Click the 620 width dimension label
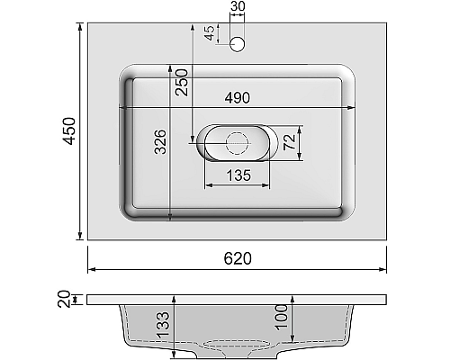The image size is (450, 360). (238, 258)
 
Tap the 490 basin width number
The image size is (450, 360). (238, 96)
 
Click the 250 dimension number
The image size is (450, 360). (181, 82)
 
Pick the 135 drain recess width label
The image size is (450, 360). (238, 175)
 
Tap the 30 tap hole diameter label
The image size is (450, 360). (238, 8)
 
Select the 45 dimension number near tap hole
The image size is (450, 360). (209, 33)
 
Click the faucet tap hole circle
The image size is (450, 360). (238, 42)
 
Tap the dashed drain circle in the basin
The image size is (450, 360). (238, 141)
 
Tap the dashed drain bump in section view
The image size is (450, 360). (238, 345)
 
